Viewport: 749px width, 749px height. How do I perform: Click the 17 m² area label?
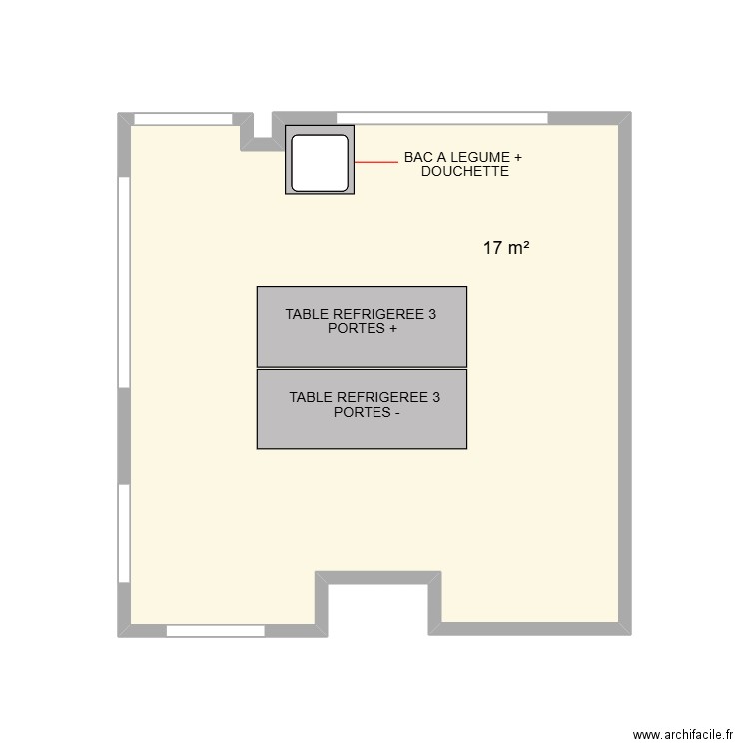click(x=506, y=248)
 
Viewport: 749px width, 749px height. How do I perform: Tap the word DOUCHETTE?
click(x=465, y=172)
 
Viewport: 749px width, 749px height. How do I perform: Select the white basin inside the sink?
click(x=320, y=160)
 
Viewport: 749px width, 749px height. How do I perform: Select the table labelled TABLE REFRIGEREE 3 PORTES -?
click(x=362, y=429)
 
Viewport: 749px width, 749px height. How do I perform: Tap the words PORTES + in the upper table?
click(x=362, y=328)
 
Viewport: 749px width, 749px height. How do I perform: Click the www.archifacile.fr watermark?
click(x=681, y=732)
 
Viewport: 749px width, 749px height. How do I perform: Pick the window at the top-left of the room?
click(x=184, y=119)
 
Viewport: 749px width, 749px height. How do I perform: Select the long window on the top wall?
click(x=441, y=118)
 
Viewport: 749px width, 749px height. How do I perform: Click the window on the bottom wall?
click(x=215, y=631)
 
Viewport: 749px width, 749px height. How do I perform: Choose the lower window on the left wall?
click(x=124, y=532)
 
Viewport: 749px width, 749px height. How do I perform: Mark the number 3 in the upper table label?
click(x=432, y=314)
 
